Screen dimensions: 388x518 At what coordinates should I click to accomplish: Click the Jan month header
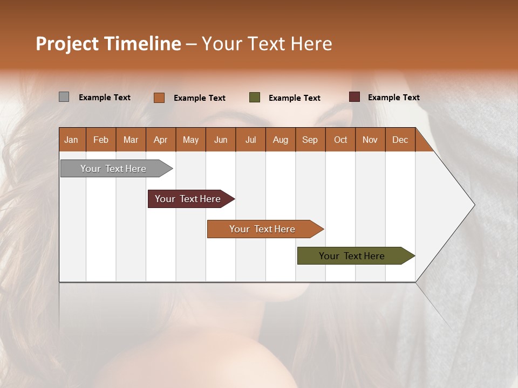pyautogui.click(x=71, y=140)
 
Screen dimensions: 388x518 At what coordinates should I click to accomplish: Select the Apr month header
pyautogui.click(x=160, y=140)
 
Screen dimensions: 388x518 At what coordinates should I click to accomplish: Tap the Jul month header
pyautogui.click(x=250, y=140)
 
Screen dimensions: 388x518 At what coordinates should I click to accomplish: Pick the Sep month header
pyautogui.click(x=310, y=140)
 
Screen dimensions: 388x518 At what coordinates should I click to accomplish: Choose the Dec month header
pyautogui.click(x=400, y=140)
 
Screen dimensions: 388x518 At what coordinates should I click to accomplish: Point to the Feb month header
pyautogui.click(x=101, y=140)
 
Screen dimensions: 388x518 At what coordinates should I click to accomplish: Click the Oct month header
pyautogui.click(x=340, y=140)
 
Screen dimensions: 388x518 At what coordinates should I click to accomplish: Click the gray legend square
pyautogui.click(x=64, y=97)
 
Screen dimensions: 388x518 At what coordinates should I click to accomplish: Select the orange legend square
pyautogui.click(x=159, y=98)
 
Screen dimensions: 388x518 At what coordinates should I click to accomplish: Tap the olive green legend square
pyautogui.click(x=255, y=98)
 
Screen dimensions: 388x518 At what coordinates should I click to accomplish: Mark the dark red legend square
pyautogui.click(x=355, y=97)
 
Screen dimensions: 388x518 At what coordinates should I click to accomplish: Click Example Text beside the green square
pyautogui.click(x=294, y=98)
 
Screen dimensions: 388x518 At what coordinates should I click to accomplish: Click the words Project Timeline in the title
pyautogui.click(x=108, y=44)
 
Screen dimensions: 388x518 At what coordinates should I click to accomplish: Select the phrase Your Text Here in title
pyautogui.click(x=267, y=44)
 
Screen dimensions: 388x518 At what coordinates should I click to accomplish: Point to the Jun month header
pyautogui.click(x=221, y=140)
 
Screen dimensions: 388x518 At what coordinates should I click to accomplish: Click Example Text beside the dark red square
pyautogui.click(x=393, y=98)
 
